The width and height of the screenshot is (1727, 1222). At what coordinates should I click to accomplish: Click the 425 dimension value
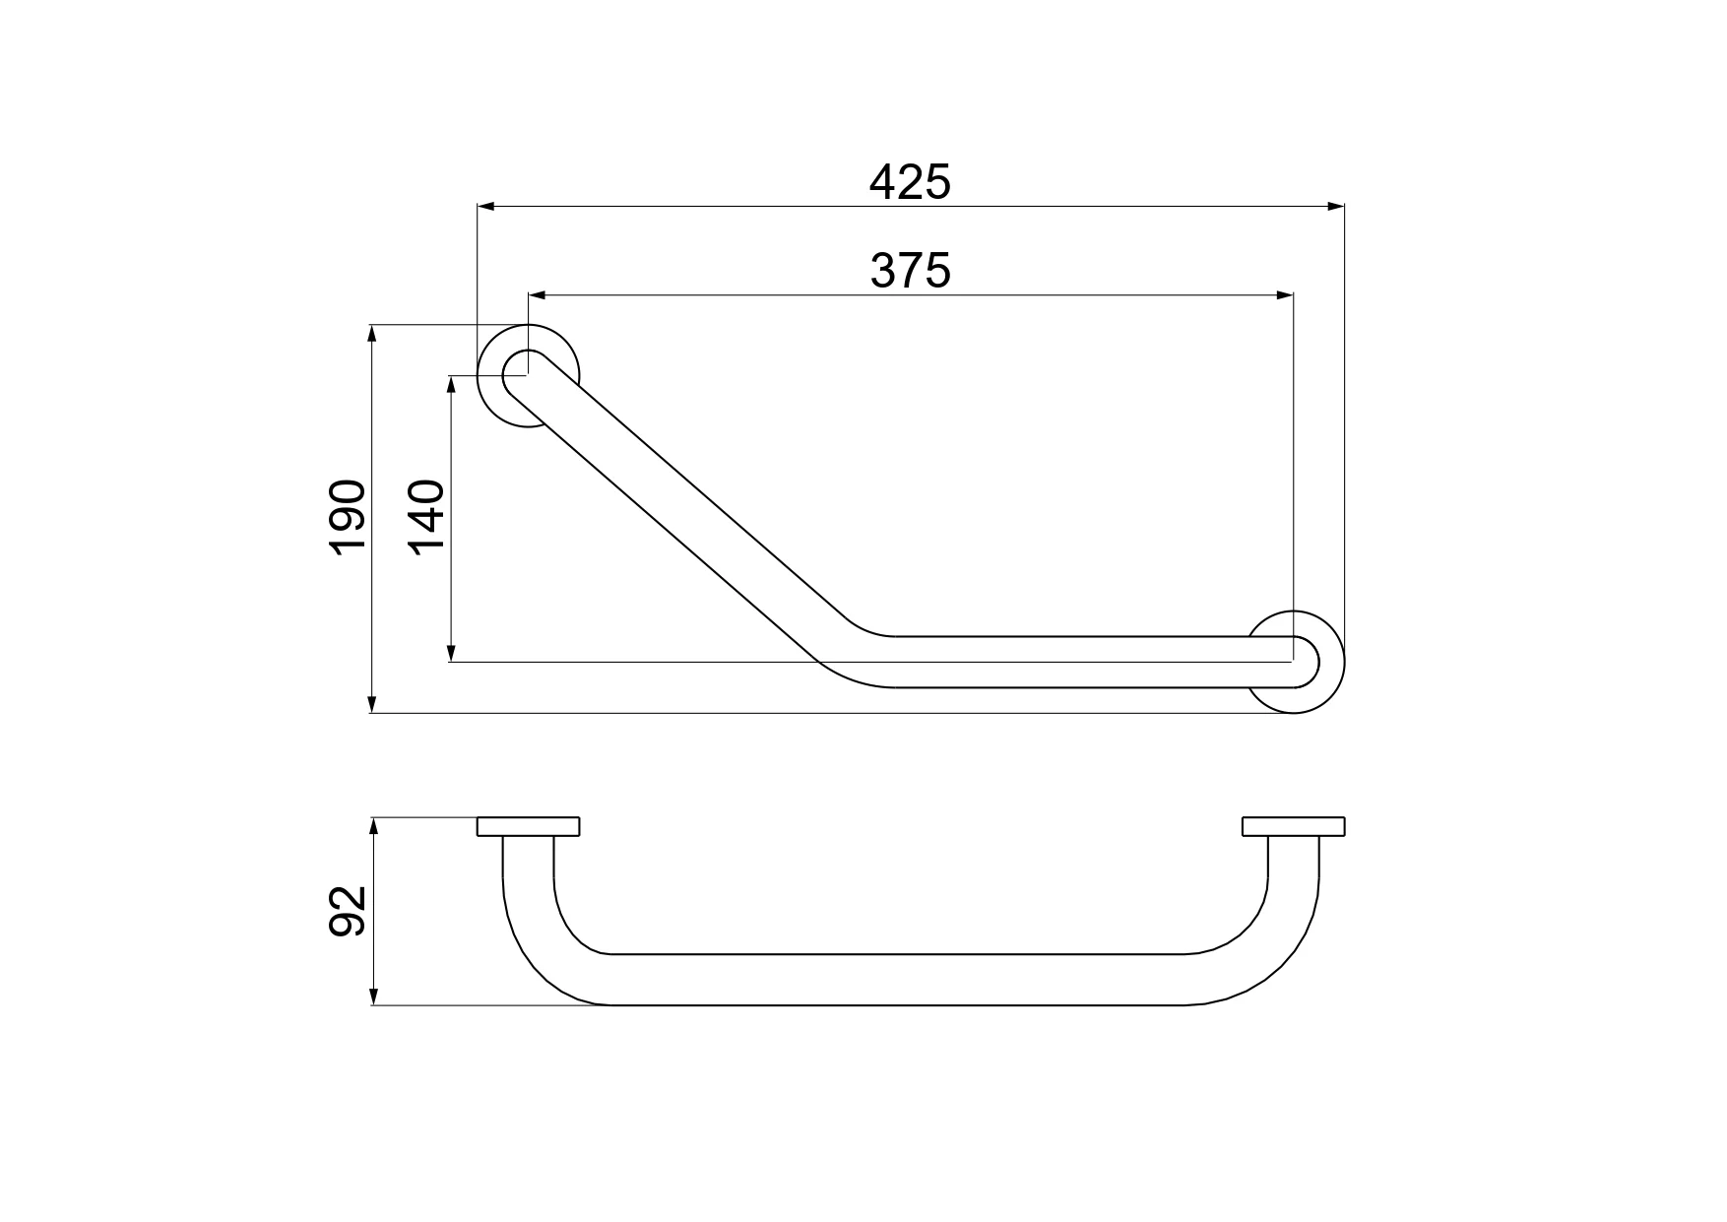pos(911,183)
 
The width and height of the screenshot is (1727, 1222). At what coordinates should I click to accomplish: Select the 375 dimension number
pos(911,271)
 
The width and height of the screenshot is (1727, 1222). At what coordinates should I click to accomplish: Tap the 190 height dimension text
pos(349,519)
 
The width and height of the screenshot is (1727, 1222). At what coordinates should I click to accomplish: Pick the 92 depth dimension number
pos(349,911)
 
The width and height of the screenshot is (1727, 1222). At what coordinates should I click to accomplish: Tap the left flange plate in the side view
pos(529,826)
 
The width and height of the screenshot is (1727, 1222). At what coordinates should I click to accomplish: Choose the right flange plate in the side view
pos(1294,826)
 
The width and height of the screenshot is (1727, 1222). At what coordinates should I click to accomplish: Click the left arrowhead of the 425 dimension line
pos(485,207)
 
